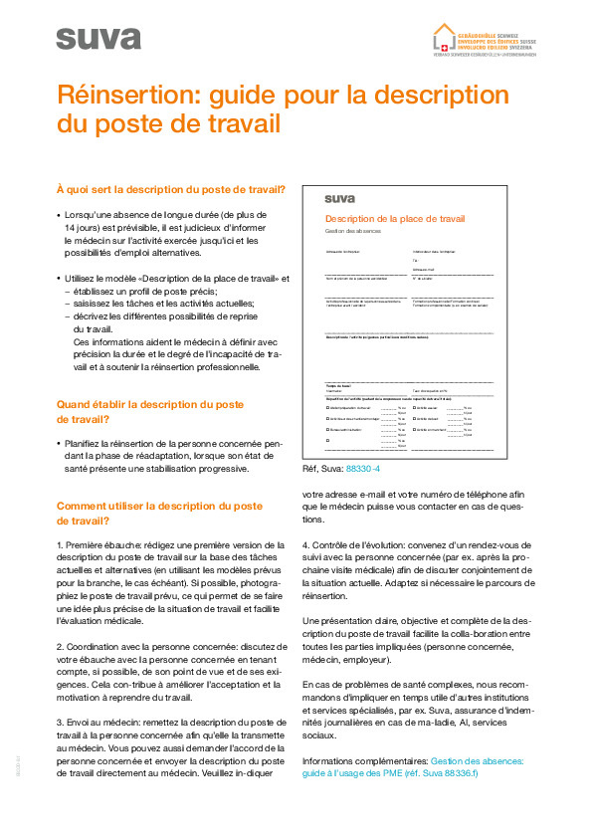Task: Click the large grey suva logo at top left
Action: click(99, 38)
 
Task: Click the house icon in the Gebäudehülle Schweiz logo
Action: click(444, 37)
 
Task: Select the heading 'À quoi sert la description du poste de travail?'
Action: click(170, 189)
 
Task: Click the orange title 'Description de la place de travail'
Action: click(394, 218)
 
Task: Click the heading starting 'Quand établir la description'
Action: click(149, 404)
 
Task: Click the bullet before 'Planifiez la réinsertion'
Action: click(59, 441)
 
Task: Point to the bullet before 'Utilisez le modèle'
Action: click(59, 279)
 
